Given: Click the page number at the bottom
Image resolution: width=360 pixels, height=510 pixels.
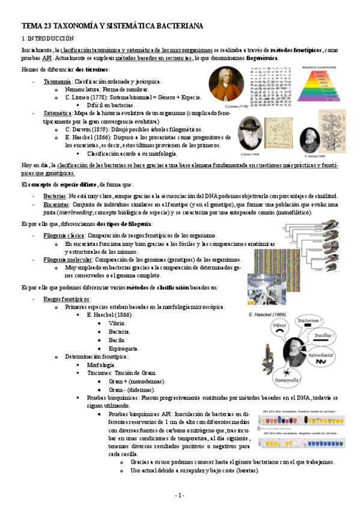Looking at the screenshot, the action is pos(179,495).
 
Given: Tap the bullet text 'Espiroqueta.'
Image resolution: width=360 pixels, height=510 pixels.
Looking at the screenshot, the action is pos(124,348).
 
